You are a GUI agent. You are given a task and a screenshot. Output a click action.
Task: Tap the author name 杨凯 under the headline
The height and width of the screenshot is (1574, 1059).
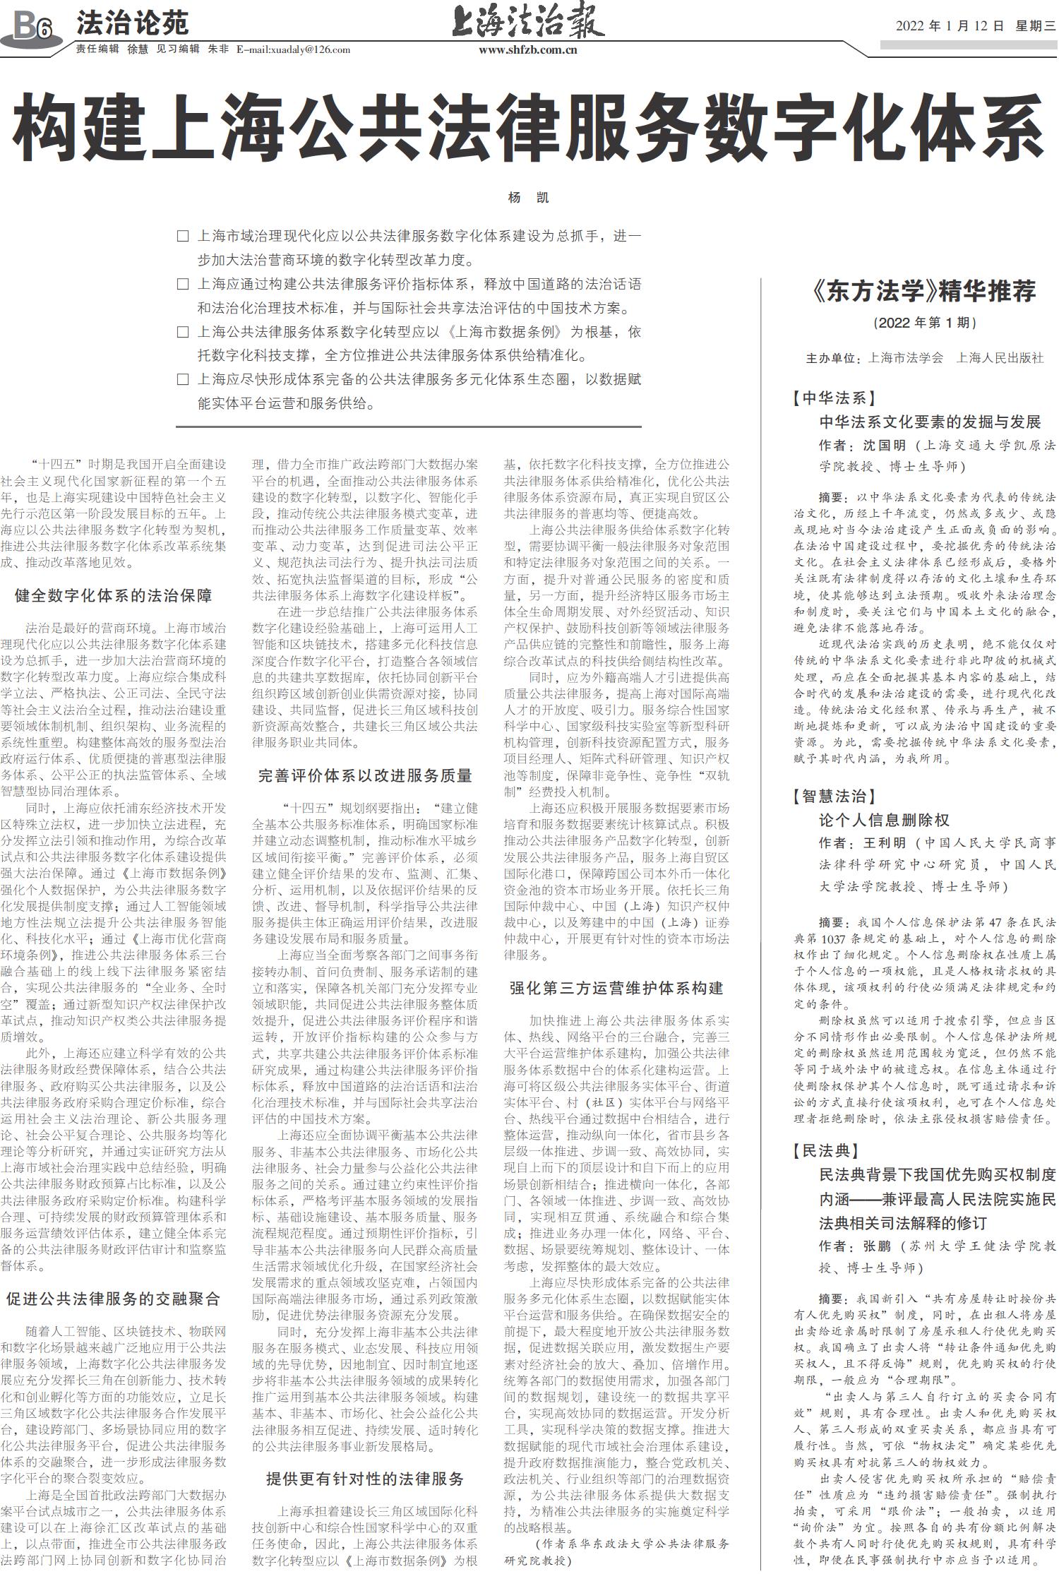(x=528, y=198)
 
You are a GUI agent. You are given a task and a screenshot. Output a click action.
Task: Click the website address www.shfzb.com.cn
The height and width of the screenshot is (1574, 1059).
(x=527, y=49)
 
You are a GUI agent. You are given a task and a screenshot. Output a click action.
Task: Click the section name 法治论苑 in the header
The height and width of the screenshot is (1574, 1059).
(x=132, y=24)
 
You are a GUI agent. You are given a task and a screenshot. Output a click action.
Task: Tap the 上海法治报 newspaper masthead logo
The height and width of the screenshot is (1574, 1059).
(x=527, y=21)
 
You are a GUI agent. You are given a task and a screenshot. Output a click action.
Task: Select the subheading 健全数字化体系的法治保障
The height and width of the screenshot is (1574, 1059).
(x=113, y=596)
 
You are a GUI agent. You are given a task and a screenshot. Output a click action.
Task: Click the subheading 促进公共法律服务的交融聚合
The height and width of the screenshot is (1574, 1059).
(x=113, y=1299)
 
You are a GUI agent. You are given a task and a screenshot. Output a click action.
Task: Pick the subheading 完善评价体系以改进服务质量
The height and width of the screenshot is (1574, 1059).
(x=365, y=775)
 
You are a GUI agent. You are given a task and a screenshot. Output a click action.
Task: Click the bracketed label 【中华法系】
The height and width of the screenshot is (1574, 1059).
(x=834, y=398)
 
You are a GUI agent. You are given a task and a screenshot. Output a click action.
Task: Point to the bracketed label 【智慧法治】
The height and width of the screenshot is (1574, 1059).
(x=834, y=797)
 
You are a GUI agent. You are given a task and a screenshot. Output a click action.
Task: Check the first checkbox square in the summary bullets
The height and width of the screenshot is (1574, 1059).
(x=183, y=237)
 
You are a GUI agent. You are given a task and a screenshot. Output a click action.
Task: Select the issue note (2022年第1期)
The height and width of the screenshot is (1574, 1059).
(x=924, y=323)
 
